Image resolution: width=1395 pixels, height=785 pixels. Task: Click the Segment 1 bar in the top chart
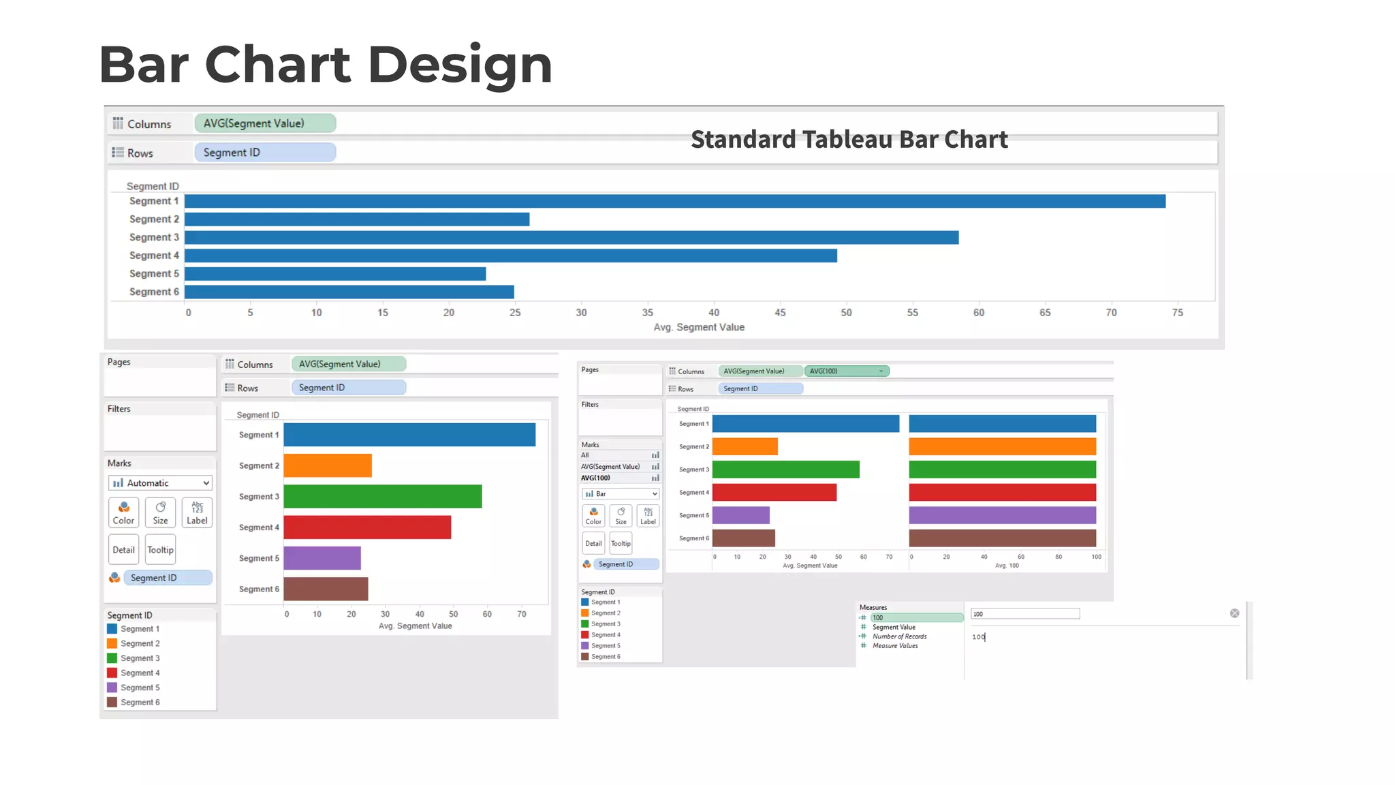click(x=674, y=202)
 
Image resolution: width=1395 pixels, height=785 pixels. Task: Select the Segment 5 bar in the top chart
click(x=335, y=274)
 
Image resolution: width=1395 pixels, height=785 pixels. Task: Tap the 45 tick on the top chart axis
click(x=780, y=313)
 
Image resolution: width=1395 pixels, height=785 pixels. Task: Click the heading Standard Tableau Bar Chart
click(x=849, y=140)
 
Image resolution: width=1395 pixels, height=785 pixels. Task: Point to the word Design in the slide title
click(x=460, y=65)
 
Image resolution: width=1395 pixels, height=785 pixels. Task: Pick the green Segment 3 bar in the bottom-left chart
click(x=383, y=497)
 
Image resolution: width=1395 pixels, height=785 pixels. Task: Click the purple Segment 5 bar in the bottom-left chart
click(x=322, y=558)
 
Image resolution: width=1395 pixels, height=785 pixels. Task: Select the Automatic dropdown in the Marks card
click(x=160, y=483)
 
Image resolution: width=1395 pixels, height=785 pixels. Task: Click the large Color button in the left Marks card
click(x=123, y=512)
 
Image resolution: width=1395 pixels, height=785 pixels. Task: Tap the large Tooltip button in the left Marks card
click(x=161, y=550)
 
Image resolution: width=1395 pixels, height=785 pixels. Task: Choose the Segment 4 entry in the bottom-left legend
click(x=140, y=673)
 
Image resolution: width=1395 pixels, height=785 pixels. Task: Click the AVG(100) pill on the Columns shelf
click(x=846, y=371)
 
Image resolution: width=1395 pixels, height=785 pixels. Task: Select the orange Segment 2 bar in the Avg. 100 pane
click(x=1002, y=447)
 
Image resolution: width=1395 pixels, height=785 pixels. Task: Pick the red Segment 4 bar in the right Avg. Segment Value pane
click(x=774, y=493)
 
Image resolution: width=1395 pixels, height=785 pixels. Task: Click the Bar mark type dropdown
click(x=621, y=494)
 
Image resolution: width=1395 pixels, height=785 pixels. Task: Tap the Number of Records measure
click(x=899, y=636)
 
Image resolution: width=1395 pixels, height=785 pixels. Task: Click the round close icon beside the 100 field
click(x=1234, y=613)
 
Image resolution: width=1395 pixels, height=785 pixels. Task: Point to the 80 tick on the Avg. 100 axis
click(x=1059, y=557)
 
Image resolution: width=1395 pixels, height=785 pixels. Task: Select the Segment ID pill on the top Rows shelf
click(x=265, y=153)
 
